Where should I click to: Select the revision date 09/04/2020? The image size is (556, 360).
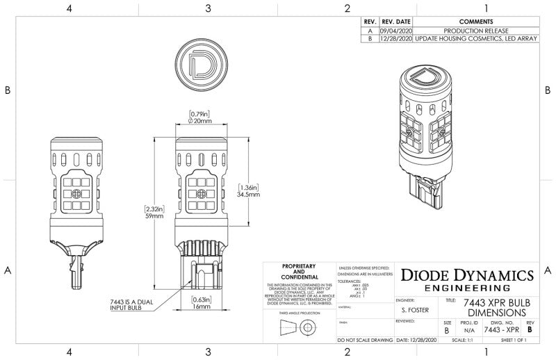point(395,30)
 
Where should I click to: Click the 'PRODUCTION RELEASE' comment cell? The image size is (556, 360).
point(476,30)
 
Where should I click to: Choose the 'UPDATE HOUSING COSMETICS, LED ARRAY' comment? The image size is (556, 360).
point(476,39)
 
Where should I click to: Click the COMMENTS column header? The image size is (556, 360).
point(476,22)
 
